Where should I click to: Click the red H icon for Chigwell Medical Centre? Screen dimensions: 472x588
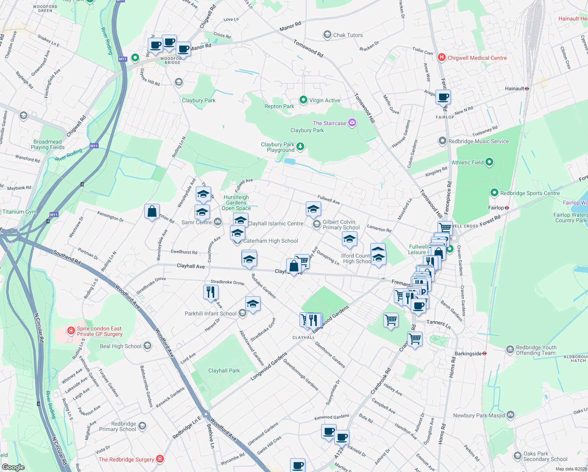(x=442, y=58)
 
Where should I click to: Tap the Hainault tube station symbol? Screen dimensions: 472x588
(x=527, y=89)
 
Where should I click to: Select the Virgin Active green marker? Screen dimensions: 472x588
(x=303, y=100)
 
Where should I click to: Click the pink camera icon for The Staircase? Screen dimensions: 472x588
(x=352, y=123)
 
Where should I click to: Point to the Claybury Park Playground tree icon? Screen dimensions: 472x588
(x=300, y=147)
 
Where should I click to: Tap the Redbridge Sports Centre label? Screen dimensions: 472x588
(x=530, y=193)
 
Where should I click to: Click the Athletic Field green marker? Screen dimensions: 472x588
(x=489, y=162)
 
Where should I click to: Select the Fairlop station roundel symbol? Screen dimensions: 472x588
(x=507, y=208)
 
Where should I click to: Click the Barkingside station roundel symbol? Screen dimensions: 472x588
(x=485, y=354)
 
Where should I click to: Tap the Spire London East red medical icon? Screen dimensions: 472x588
(x=71, y=331)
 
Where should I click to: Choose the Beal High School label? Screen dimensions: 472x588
(x=120, y=346)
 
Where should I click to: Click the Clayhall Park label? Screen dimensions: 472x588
(x=224, y=371)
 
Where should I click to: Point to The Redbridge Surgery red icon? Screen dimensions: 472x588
(x=160, y=459)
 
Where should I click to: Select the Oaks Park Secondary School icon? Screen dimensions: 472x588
(x=518, y=456)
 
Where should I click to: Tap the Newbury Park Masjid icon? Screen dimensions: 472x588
(x=510, y=415)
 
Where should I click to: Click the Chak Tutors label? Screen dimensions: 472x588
(x=348, y=35)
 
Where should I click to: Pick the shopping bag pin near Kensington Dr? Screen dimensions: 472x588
(x=152, y=212)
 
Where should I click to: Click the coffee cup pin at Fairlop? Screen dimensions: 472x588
(x=443, y=97)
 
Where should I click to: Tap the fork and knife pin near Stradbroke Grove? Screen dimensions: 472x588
(x=211, y=292)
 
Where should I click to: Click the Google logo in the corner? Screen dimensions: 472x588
(x=13, y=467)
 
